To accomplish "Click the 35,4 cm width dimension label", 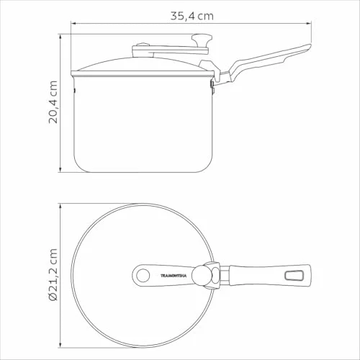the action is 192,16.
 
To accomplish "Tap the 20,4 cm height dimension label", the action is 53,102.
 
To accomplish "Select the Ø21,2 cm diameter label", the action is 53,274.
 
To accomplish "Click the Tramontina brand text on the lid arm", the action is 174,276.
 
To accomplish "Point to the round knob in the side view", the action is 202,39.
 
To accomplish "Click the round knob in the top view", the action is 202,275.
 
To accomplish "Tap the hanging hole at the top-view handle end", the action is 293,275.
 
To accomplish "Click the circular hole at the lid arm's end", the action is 143,275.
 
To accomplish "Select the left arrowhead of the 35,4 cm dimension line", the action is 73,24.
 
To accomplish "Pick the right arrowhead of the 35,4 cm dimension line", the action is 309,24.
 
